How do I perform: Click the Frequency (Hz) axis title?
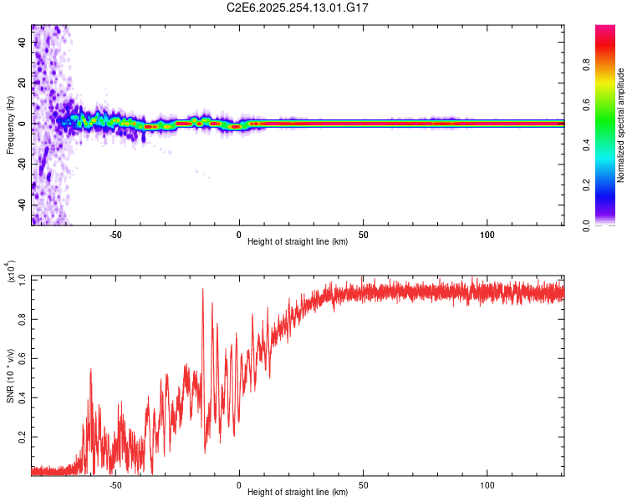coord(10,124)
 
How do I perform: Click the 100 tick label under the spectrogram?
coord(487,235)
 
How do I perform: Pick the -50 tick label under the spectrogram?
coord(115,235)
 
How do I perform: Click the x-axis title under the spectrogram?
coord(298,243)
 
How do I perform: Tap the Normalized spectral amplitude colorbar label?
coord(621,125)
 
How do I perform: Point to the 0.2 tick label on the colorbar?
coord(588,185)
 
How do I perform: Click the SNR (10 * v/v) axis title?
coord(10,376)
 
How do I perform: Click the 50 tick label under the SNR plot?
coord(363,485)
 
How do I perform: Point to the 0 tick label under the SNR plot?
coord(239,485)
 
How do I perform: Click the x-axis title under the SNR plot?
coord(298,493)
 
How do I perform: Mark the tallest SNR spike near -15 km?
coord(202,290)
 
